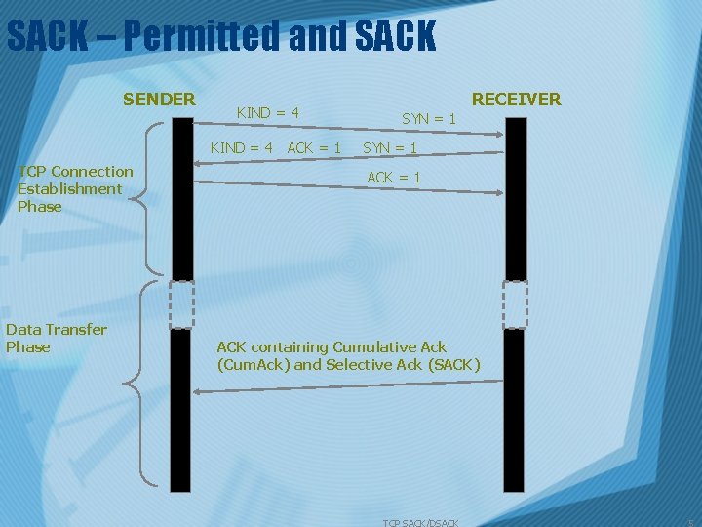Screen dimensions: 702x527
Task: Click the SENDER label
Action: click(x=159, y=99)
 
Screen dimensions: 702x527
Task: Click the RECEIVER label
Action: click(x=516, y=99)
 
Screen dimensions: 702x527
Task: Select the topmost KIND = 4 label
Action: click(x=267, y=113)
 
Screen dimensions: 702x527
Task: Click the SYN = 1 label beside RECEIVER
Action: click(x=429, y=118)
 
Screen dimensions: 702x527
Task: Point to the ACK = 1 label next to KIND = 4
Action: click(x=314, y=148)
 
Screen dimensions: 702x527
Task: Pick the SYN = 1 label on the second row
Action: click(x=390, y=148)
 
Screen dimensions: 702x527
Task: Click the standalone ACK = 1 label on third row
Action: click(x=393, y=178)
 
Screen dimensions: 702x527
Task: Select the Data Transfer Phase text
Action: click(x=56, y=338)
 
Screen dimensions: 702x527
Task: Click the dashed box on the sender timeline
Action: click(x=181, y=304)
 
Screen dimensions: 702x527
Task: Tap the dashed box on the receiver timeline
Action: click(x=514, y=304)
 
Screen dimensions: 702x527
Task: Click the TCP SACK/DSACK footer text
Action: click(x=420, y=523)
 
